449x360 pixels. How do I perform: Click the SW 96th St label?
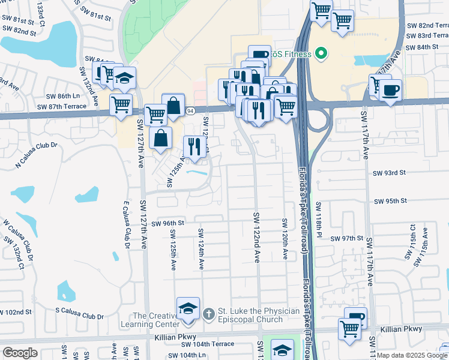(x=167, y=223)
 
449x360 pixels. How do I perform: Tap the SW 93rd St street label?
(x=390, y=173)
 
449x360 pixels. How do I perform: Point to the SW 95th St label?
(x=390, y=201)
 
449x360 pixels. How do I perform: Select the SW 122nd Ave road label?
(x=256, y=238)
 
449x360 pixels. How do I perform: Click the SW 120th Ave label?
(x=285, y=239)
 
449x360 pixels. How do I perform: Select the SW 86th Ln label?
(x=64, y=96)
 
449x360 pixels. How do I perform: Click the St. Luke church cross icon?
(x=208, y=313)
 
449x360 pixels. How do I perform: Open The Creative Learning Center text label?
(x=155, y=320)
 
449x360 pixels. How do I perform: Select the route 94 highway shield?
(x=190, y=111)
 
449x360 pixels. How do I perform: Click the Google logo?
(x=20, y=353)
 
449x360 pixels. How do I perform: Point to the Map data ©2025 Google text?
(x=412, y=355)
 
